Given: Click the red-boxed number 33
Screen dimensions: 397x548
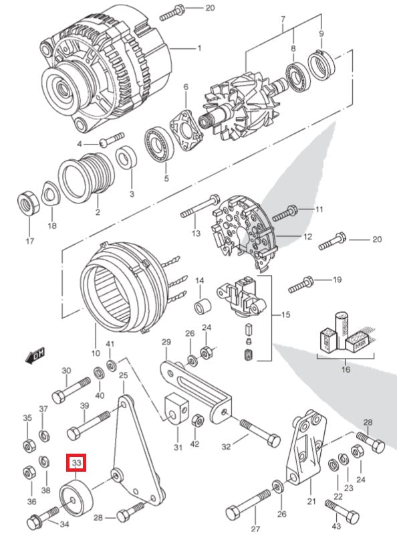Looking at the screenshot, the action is (x=76, y=463).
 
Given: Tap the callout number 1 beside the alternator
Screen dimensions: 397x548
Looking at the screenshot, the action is (x=199, y=48).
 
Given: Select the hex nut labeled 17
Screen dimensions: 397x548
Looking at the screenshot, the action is (x=28, y=203).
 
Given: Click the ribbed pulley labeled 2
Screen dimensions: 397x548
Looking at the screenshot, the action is (x=86, y=177).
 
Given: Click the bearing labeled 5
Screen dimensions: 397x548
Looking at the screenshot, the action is (x=159, y=145).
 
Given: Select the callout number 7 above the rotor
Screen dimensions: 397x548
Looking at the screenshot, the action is (x=283, y=19).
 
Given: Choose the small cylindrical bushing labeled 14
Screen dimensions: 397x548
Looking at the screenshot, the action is (x=203, y=306).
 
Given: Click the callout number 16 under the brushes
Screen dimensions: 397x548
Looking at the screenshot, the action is (x=346, y=369).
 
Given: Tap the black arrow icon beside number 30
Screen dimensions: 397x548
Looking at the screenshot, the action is (x=35, y=355).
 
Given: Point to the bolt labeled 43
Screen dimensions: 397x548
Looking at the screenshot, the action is (x=342, y=512).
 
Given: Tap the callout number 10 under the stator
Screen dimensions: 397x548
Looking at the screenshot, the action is (x=96, y=353).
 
